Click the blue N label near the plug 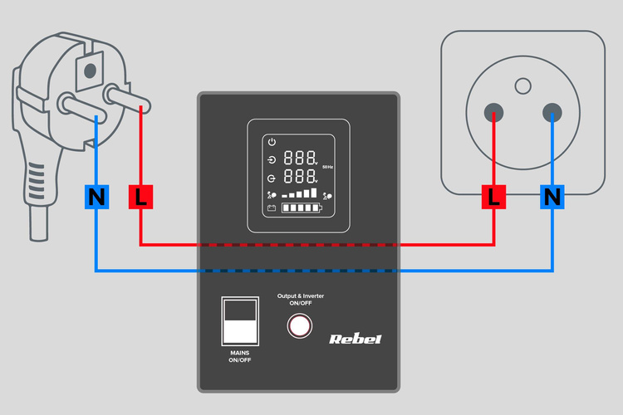[97, 198]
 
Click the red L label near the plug [140, 198]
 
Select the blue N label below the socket [552, 198]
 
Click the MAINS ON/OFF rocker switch [241, 320]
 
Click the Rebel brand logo [356, 338]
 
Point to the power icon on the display [271, 141]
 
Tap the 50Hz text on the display [327, 168]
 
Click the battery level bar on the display [300, 208]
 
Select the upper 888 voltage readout [299, 158]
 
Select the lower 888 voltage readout [299, 178]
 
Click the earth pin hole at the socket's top [522, 84]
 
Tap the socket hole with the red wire [494, 113]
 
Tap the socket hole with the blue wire [552, 113]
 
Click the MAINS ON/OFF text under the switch [240, 357]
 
